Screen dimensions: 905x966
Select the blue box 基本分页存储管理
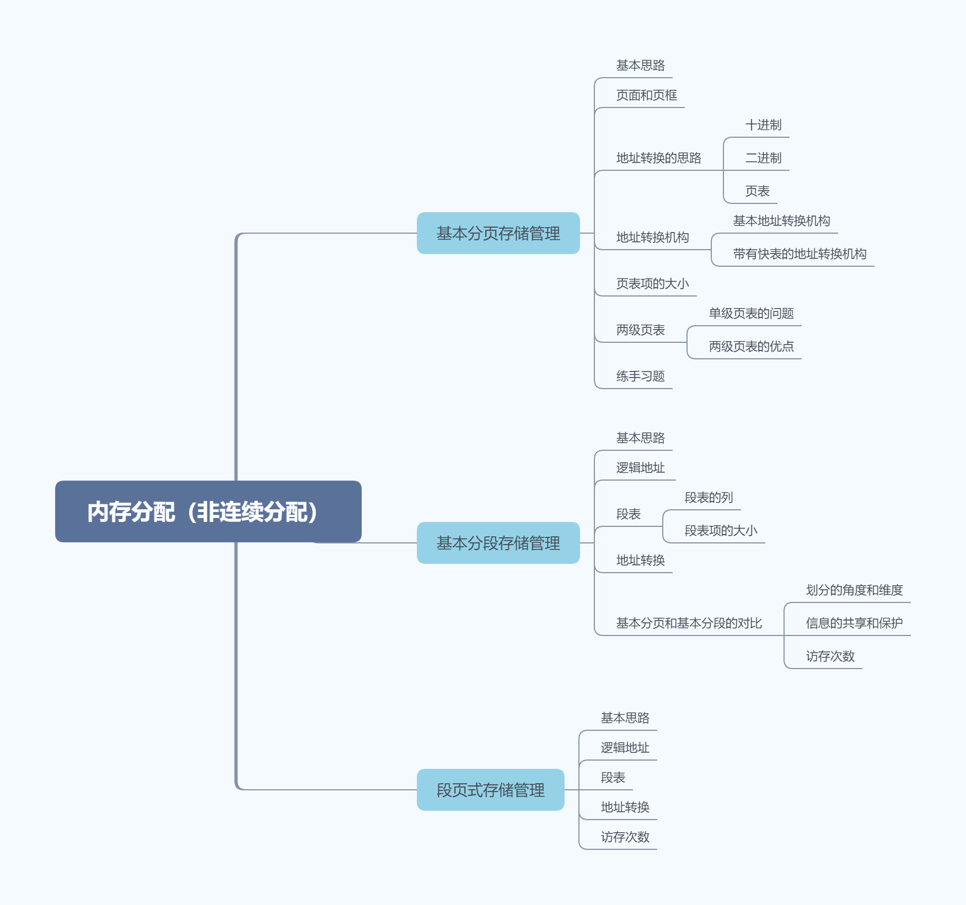pyautogui.click(x=498, y=233)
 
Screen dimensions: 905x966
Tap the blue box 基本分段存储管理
pyautogui.click(x=498, y=543)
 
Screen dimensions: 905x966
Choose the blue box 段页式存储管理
pyautogui.click(x=490, y=790)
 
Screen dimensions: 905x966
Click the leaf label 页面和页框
pyautogui.click(x=646, y=95)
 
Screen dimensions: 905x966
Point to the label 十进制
pyautogui.click(x=763, y=125)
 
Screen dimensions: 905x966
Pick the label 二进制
pyautogui.click(x=763, y=158)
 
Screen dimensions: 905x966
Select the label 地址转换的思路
pyautogui.click(x=658, y=158)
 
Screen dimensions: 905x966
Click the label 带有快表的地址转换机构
pyautogui.click(x=799, y=254)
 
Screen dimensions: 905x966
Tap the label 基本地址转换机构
pyautogui.click(x=781, y=221)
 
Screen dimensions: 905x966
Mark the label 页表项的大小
pyautogui.click(x=652, y=284)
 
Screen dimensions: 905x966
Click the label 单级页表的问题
pyautogui.click(x=751, y=314)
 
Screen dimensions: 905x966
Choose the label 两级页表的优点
pyautogui.click(x=751, y=347)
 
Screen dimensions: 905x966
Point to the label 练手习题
pyautogui.click(x=640, y=376)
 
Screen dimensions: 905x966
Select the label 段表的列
pyautogui.click(x=709, y=498)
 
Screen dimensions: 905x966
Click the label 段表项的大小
pyautogui.click(x=721, y=531)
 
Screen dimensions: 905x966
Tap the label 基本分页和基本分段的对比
pyautogui.click(x=689, y=623)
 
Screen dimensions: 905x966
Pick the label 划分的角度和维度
pyautogui.click(x=854, y=590)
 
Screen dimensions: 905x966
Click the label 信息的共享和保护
pyautogui.click(x=854, y=623)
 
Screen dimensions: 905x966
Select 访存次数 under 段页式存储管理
pyautogui.click(x=625, y=837)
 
